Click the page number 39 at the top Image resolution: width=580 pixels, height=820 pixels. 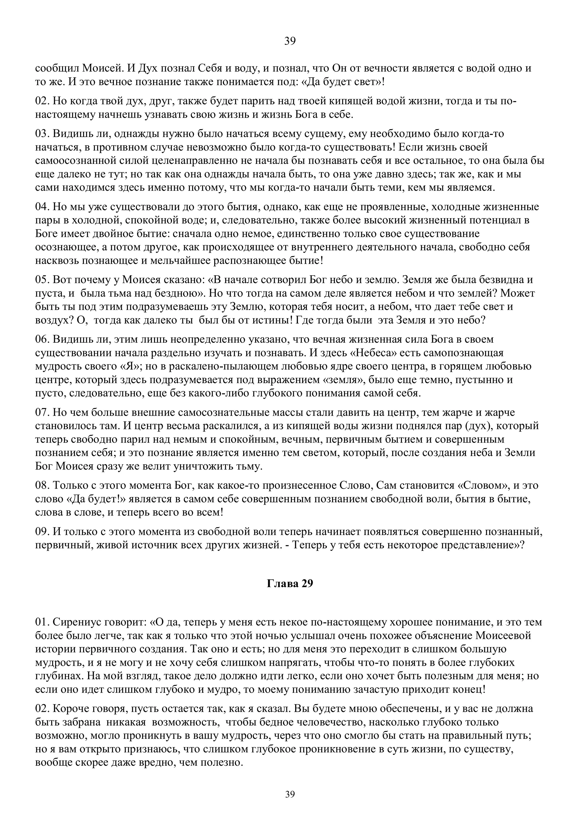(290, 41)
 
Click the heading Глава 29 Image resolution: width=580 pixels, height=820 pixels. (290, 583)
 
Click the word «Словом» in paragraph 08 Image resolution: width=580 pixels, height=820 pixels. (482, 486)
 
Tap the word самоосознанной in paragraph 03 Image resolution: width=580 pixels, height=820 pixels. (73, 161)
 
